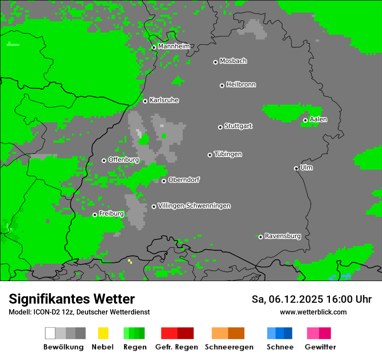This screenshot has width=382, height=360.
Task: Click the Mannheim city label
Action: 174,46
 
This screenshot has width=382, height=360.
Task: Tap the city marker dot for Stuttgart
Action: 220,127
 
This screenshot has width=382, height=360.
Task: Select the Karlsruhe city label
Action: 164,100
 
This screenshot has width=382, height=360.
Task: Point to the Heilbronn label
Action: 241,85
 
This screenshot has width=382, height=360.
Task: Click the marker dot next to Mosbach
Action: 215,62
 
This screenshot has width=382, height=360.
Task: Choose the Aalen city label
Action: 318,119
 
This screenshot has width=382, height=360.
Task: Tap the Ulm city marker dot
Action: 296,168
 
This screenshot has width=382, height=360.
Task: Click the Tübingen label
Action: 228,154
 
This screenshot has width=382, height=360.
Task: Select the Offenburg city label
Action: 123,160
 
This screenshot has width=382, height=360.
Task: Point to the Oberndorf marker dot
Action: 164,181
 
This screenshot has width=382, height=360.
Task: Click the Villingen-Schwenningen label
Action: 194,206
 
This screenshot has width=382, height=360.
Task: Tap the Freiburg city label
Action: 111,213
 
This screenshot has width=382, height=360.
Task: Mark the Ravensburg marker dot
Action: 260,237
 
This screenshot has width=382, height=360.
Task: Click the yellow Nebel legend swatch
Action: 103,333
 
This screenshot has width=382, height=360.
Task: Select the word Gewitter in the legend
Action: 320,347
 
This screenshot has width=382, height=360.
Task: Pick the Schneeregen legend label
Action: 229,347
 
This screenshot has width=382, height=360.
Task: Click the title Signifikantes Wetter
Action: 72,299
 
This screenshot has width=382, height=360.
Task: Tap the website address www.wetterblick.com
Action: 313,312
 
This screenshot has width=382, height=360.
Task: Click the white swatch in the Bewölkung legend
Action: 50,333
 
